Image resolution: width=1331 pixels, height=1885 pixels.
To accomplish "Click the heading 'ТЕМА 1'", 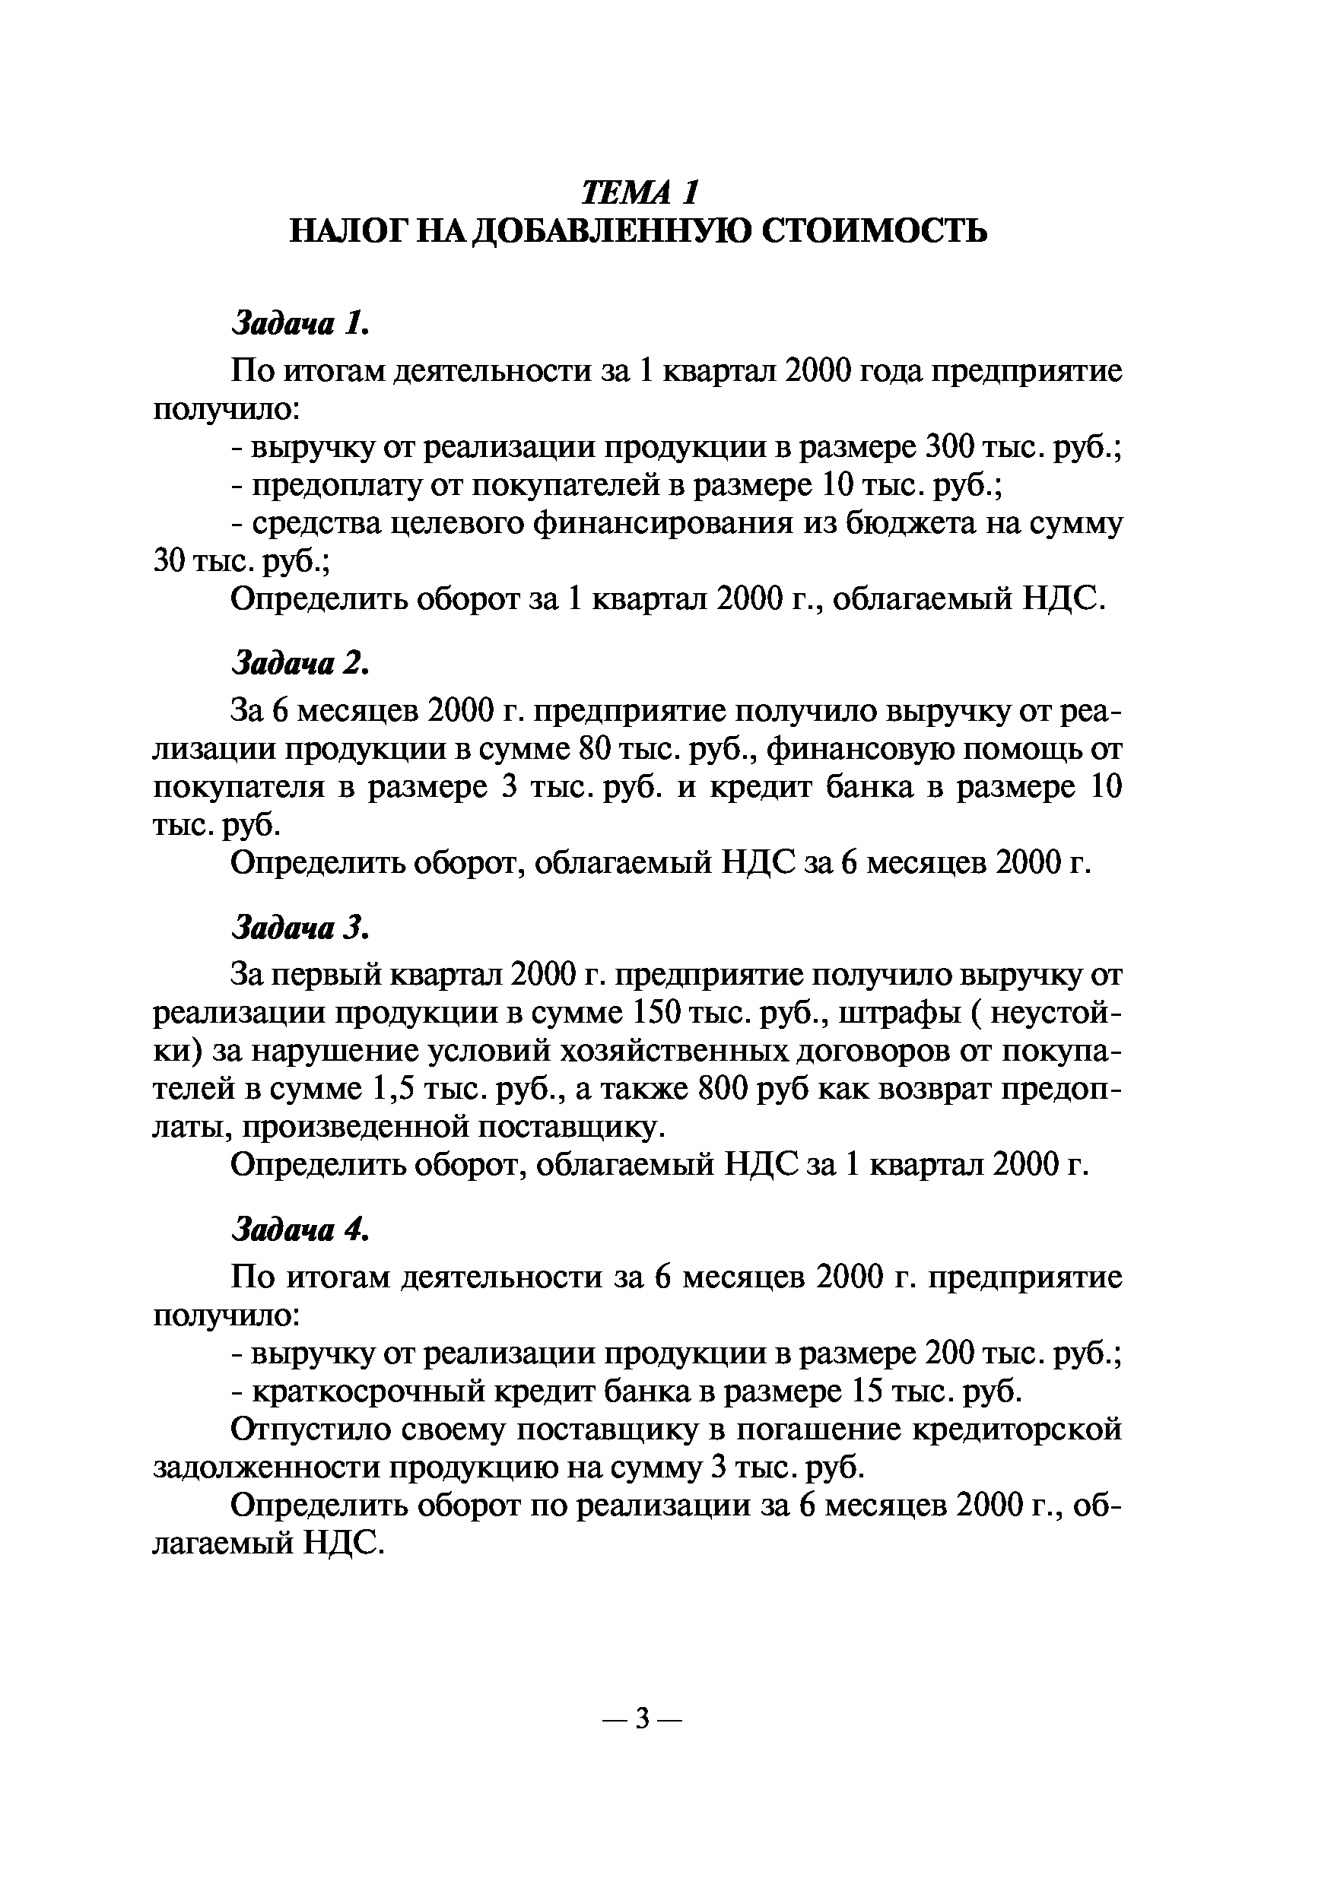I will [x=640, y=192].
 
